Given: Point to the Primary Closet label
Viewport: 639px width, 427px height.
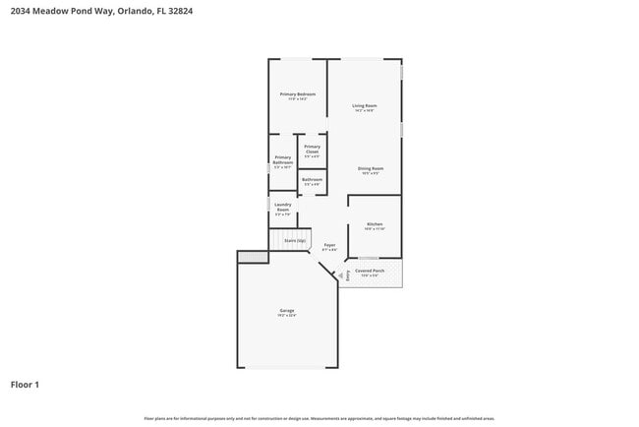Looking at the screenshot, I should pyautogui.click(x=312, y=150).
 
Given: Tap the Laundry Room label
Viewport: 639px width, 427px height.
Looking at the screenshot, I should pyautogui.click(x=282, y=209).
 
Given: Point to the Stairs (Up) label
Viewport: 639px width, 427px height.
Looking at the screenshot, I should pyautogui.click(x=295, y=240).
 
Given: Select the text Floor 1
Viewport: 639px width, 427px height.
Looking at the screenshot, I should pyautogui.click(x=25, y=385).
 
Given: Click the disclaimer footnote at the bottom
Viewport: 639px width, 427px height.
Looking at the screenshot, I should pyautogui.click(x=319, y=418).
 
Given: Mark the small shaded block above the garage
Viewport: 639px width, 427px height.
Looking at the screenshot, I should pyautogui.click(x=252, y=257).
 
